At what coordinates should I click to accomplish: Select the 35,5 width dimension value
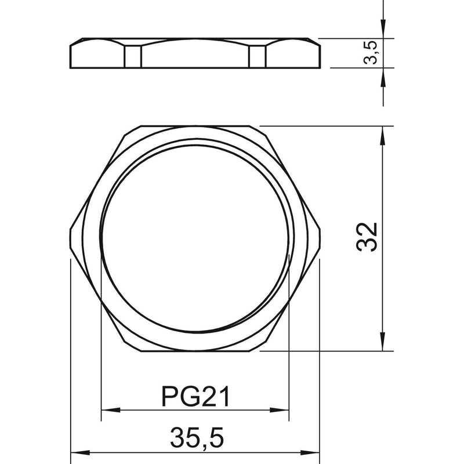197,438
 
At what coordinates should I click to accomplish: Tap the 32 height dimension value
367,237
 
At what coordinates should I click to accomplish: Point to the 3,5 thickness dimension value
371,52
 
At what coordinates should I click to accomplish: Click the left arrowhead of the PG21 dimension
111,410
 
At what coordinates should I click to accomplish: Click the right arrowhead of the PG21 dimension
279,410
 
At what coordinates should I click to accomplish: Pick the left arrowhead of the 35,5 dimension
80,453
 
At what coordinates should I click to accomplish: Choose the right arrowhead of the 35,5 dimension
310,453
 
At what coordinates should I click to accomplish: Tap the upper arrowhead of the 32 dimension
383,136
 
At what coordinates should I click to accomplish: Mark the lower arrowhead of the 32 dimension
383,342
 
